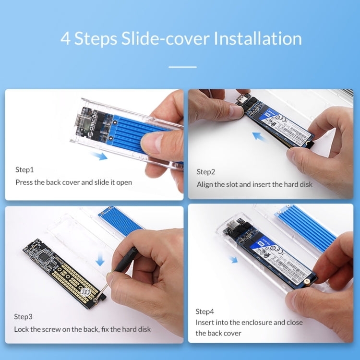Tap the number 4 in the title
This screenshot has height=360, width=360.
(x=65, y=38)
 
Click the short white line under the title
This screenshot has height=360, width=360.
(x=182, y=67)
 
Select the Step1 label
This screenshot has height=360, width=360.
(x=24, y=169)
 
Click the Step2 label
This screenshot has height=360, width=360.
(x=206, y=172)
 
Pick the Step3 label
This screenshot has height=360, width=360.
(x=24, y=316)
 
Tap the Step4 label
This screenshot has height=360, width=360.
(x=205, y=311)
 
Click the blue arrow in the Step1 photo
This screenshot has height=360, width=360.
(x=98, y=156)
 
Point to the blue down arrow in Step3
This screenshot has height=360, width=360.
(x=100, y=259)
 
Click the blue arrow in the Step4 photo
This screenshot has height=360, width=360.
(x=233, y=259)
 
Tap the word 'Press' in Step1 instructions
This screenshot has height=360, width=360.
(x=24, y=182)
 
